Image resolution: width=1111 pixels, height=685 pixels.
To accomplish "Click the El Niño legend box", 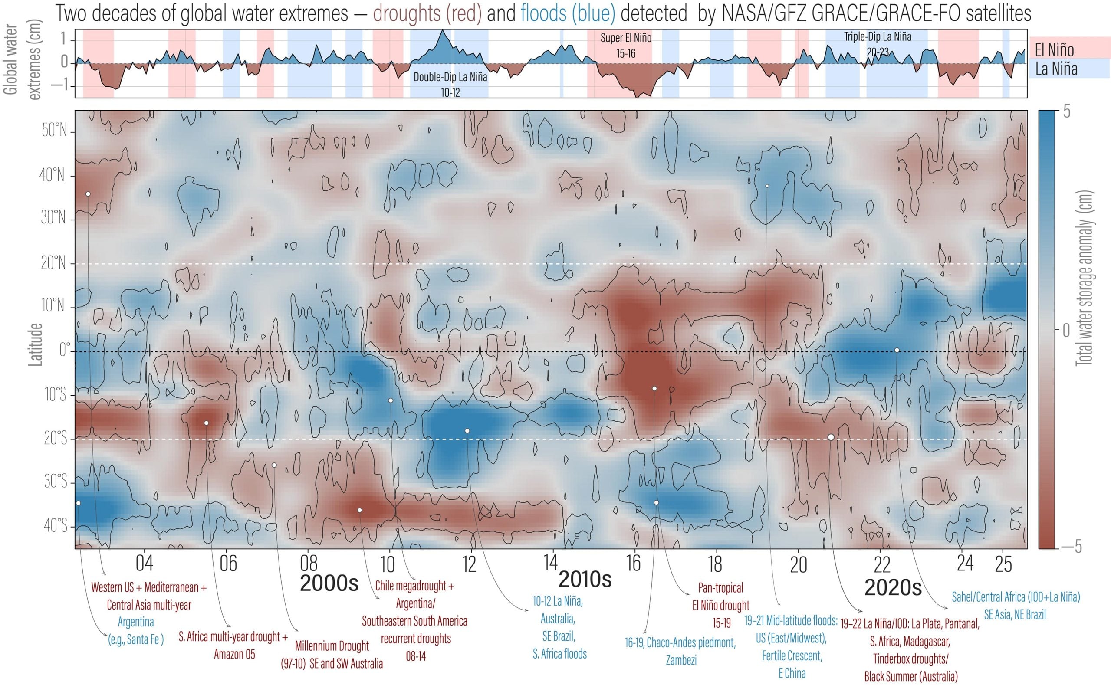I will (1069, 49).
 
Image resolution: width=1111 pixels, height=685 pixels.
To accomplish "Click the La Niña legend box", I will (1069, 69).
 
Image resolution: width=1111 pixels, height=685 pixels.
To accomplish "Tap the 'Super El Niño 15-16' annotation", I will (626, 45).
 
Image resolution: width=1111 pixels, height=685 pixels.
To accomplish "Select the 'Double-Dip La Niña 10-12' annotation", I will (450, 84).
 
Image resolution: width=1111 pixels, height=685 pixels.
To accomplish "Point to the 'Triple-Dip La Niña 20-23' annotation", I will (877, 44).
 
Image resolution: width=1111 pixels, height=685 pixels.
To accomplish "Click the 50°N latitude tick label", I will (54, 131).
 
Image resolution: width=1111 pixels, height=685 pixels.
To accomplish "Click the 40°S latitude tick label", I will (55, 525).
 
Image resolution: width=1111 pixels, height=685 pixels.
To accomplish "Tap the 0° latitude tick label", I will (65, 351).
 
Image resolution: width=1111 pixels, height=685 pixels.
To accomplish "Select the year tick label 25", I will (1004, 564).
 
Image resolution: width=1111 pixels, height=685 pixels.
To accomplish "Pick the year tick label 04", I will (144, 564).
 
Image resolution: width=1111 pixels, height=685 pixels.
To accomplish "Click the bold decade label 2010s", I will (585, 579).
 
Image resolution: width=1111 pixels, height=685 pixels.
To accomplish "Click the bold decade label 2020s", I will (893, 587).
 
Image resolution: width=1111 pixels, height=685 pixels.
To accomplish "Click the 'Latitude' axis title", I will (35, 344).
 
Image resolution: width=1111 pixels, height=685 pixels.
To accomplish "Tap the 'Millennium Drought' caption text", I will (332, 646).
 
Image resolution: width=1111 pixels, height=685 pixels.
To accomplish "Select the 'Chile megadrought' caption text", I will (414, 586).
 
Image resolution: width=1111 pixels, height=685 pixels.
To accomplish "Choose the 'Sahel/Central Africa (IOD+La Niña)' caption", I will (1016, 597).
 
